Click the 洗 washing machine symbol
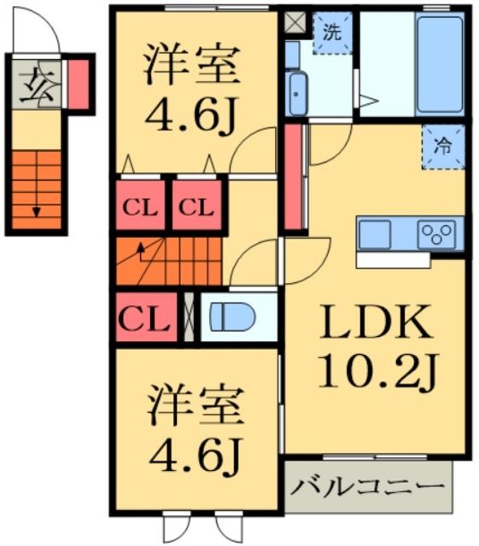331,33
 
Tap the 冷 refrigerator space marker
442,146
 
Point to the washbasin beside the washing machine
297,91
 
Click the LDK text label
373,324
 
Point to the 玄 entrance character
33,83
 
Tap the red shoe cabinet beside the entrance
78,84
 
